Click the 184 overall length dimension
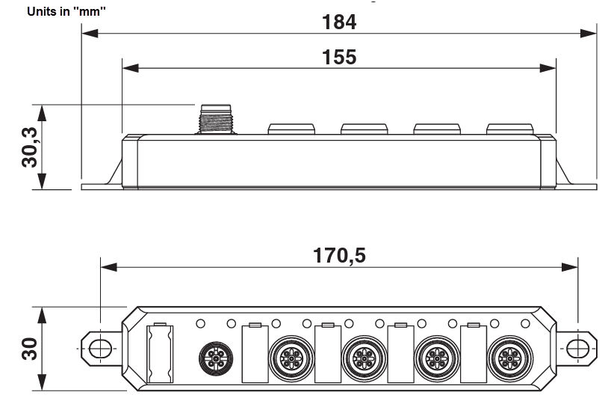click(x=338, y=22)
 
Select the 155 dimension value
click(x=339, y=57)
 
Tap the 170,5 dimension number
click(x=339, y=257)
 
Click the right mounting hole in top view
click(x=577, y=349)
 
